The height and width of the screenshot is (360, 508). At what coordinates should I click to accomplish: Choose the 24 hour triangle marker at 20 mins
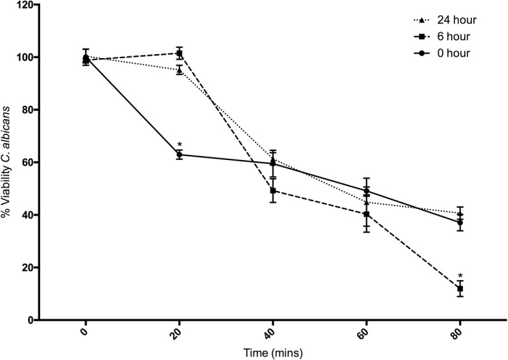point(179,70)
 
